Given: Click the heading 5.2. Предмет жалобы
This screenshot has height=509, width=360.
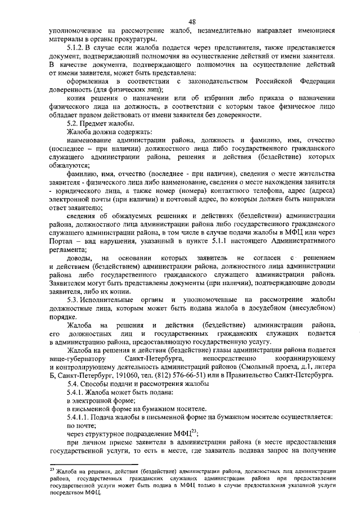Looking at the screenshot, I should pos(100,123).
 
